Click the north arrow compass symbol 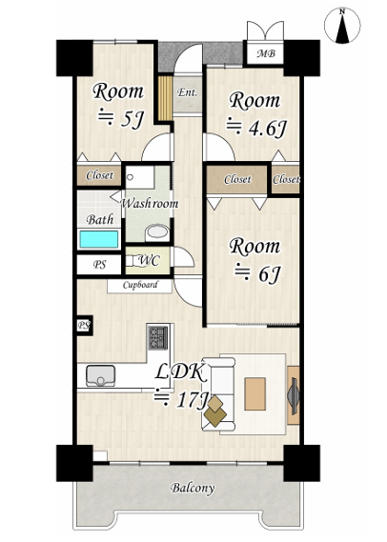[342, 25]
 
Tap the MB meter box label [266, 53]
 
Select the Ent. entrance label [187, 92]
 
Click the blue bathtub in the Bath [99, 239]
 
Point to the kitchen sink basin [100, 375]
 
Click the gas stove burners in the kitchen [158, 338]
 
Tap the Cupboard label [140, 285]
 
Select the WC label [149, 261]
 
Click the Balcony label [193, 488]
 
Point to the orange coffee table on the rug [255, 393]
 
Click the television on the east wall [294, 395]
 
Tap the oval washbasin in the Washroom [157, 233]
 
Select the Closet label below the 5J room [99, 175]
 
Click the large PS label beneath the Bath [99, 265]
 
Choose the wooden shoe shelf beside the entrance [165, 98]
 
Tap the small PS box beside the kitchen [84, 325]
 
